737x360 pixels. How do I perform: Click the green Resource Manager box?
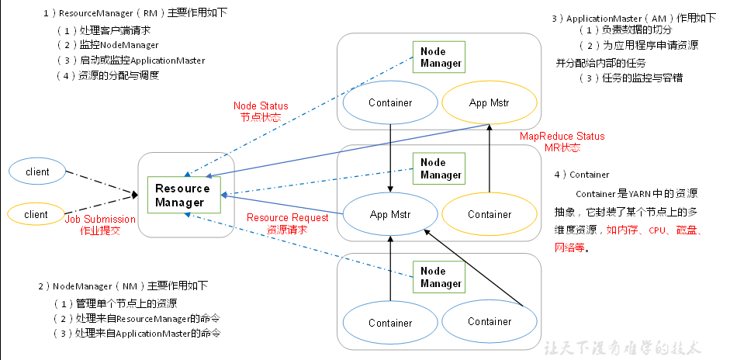click(x=182, y=196)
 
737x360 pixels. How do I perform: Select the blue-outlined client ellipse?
click(x=37, y=171)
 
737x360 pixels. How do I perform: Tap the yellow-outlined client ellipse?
click(x=37, y=214)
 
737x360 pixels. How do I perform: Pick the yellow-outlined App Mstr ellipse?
click(x=489, y=102)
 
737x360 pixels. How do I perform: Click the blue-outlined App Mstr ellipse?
click(x=390, y=214)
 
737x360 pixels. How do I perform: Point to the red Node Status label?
click(x=261, y=111)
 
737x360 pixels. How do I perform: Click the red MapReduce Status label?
click(x=562, y=142)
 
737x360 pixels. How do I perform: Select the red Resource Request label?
click(x=287, y=223)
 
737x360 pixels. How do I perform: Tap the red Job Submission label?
click(x=100, y=225)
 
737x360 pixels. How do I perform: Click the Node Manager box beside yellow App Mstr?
click(x=441, y=57)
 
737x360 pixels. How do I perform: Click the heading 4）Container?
click(x=582, y=175)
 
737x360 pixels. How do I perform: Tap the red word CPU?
click(x=659, y=230)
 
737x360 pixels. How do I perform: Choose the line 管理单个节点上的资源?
click(x=120, y=303)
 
